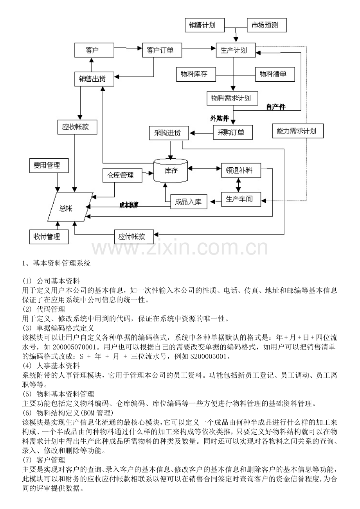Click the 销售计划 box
tap(205, 25)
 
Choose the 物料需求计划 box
tap(232, 98)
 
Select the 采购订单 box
tap(233, 133)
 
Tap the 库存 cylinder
tap(171, 170)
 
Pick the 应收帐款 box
tap(77, 127)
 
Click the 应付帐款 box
tap(134, 237)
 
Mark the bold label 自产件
tap(276, 107)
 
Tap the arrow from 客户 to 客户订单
tap(128, 48)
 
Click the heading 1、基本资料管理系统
tap(56, 263)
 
